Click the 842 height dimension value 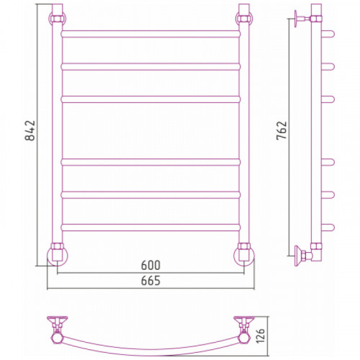point(30,130)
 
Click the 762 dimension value point(282,130)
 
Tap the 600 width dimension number point(150,265)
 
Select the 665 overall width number point(150,281)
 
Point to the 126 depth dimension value point(260,335)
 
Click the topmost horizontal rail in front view point(150,34)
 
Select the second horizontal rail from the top point(150,66)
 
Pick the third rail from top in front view point(150,99)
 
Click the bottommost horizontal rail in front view point(150,228)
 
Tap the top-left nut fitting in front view point(58,19)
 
